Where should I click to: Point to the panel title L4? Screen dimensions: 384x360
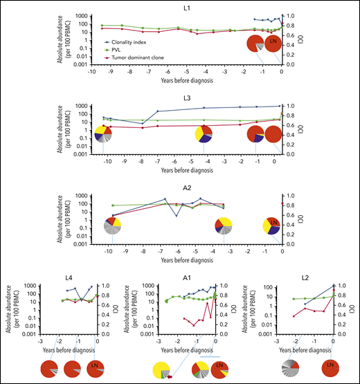tap(67, 277)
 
